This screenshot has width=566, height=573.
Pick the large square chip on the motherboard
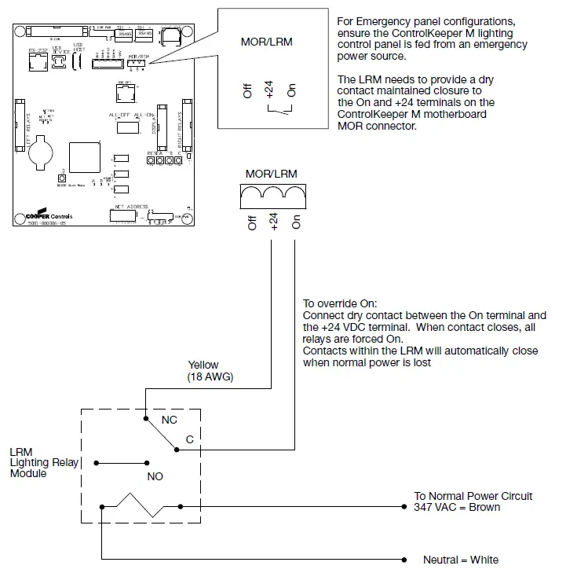pyautogui.click(x=84, y=160)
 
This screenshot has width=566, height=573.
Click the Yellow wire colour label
pyautogui.click(x=203, y=365)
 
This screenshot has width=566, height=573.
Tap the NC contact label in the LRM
pyautogui.click(x=169, y=421)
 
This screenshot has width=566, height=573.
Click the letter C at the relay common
pyautogui.click(x=189, y=439)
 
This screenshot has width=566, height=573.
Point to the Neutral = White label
pyautogui.click(x=460, y=560)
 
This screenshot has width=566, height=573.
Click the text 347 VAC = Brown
pyautogui.click(x=457, y=507)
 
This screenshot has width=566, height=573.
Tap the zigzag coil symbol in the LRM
pyautogui.click(x=141, y=506)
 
